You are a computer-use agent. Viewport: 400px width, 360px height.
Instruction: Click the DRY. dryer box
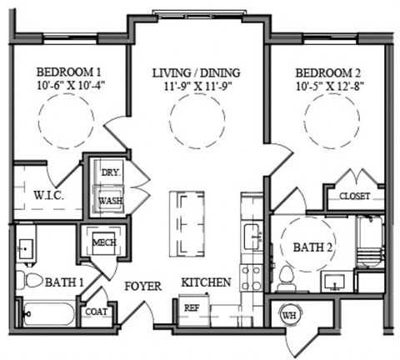click(x=110, y=173)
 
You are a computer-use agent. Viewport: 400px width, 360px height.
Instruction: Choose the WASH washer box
click(x=110, y=201)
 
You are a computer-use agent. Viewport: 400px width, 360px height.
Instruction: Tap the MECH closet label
click(x=103, y=242)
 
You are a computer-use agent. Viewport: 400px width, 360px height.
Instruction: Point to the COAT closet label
click(x=95, y=313)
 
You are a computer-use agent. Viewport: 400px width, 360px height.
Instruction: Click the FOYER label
click(x=142, y=286)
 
